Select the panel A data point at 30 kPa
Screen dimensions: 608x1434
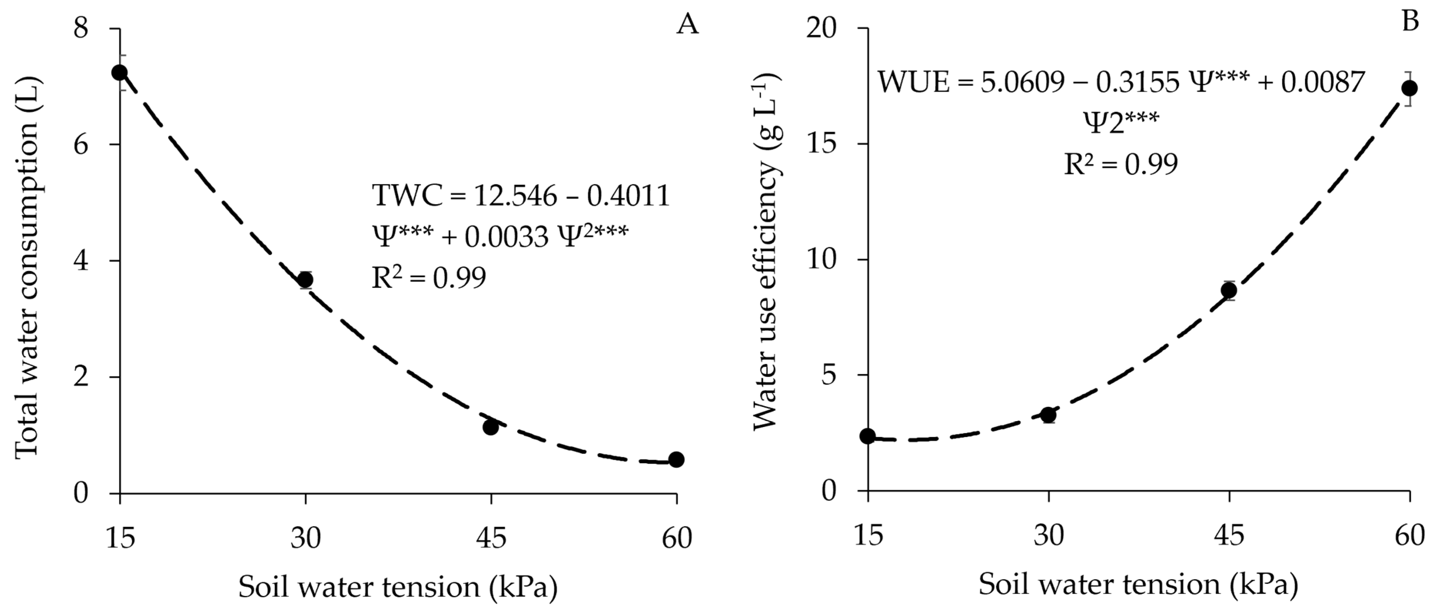[305, 280]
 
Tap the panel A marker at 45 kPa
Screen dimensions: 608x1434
[490, 427]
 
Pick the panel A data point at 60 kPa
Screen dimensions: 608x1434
[676, 459]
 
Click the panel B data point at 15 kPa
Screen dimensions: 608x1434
[868, 436]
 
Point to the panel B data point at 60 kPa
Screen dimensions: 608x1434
[1410, 88]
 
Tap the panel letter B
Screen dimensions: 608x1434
[1410, 22]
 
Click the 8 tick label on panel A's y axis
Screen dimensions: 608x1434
[81, 28]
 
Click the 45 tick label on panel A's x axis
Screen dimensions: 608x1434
[490, 538]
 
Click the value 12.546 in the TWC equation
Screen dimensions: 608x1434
[515, 196]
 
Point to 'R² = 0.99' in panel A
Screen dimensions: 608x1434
[429, 278]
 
